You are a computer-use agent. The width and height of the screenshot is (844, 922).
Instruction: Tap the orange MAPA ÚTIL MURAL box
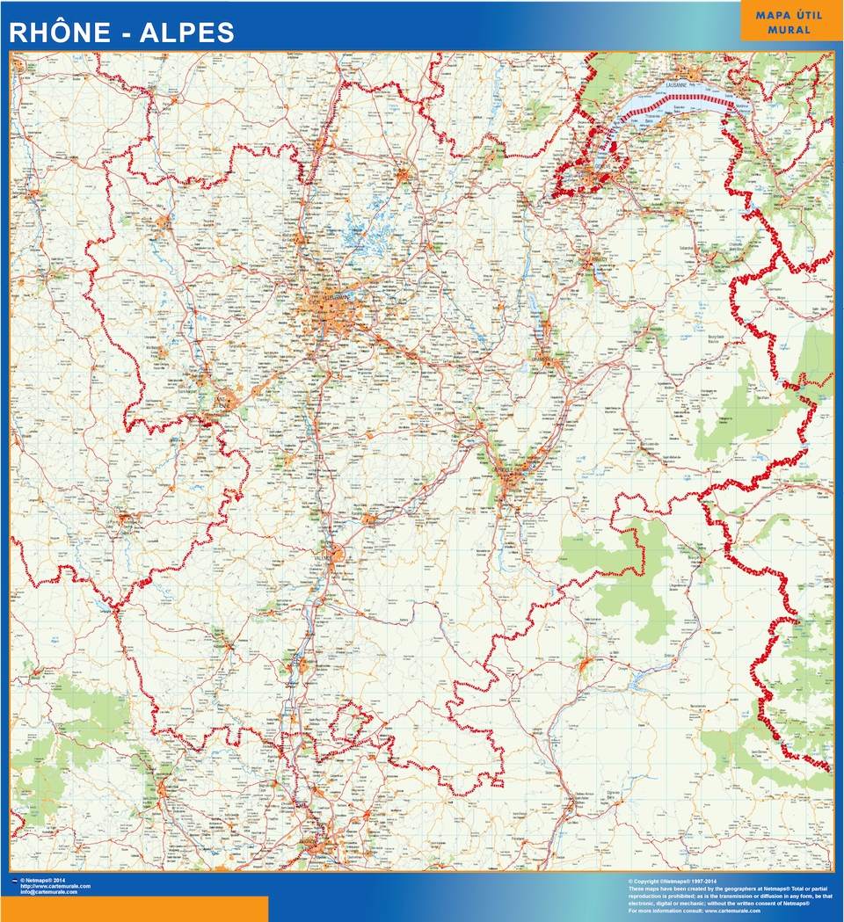tap(789, 21)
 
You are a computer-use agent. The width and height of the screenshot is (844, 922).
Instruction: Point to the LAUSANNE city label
tap(676, 84)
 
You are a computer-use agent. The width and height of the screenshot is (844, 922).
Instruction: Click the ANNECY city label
tap(598, 259)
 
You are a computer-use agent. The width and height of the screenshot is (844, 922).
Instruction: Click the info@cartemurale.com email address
tap(48, 892)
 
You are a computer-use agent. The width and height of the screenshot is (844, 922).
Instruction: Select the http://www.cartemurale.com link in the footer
tap(55, 886)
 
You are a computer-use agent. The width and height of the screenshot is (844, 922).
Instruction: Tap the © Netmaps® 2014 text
tap(43, 880)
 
